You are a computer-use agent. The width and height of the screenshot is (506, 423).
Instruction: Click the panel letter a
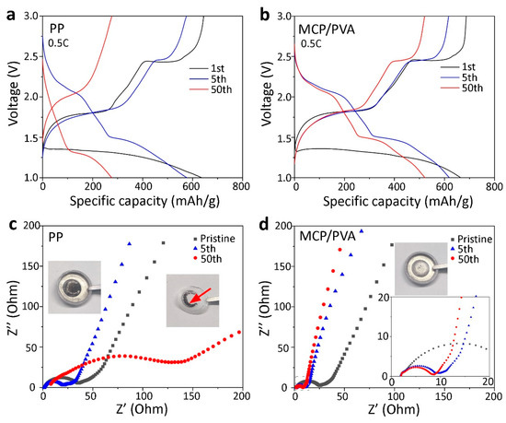[6, 11]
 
